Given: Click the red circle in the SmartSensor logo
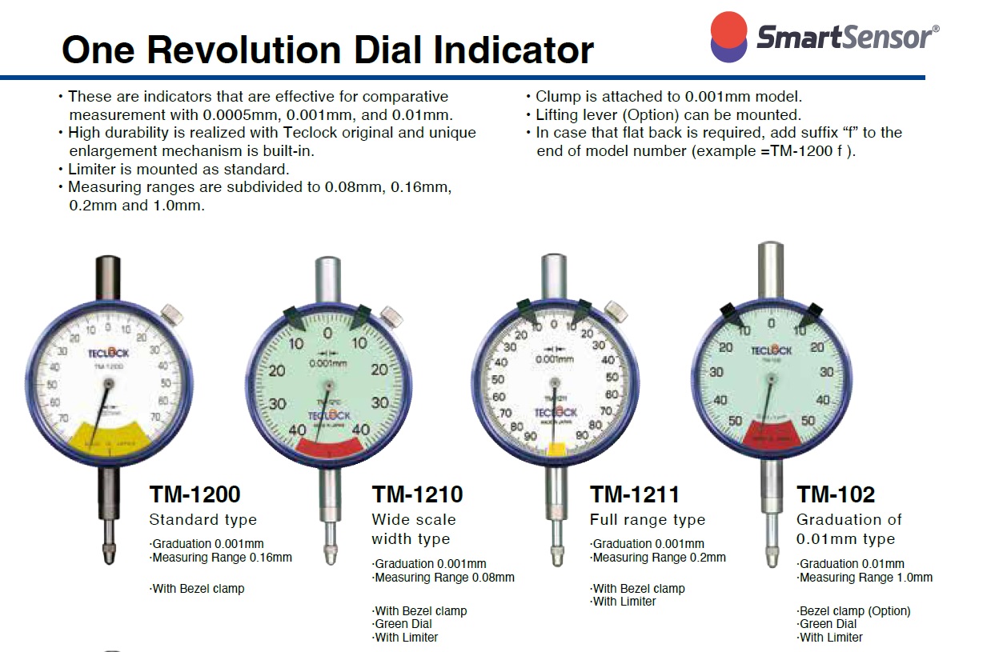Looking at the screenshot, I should coord(728,29).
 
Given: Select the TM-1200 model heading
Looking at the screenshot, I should coord(195,494).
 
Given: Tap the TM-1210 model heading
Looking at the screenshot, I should coord(417,494).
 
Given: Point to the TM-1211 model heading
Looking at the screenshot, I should coord(634,494).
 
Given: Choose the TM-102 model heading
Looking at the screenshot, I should coord(836,494).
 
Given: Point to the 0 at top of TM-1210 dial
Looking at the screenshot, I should coord(327,334).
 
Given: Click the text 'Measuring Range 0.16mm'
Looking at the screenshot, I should coord(222,558).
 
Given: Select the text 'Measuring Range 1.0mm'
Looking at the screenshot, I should coord(865,577).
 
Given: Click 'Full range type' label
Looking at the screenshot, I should coord(647,520).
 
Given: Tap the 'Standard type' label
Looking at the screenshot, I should coord(203,519).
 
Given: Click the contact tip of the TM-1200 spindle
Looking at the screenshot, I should coord(108,554).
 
